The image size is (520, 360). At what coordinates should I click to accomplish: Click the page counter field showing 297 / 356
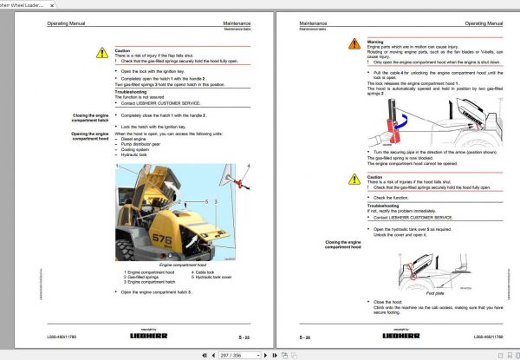[x=231, y=354]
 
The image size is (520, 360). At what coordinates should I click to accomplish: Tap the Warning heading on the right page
[x=375, y=41]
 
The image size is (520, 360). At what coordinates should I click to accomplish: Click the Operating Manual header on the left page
[x=68, y=23]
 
